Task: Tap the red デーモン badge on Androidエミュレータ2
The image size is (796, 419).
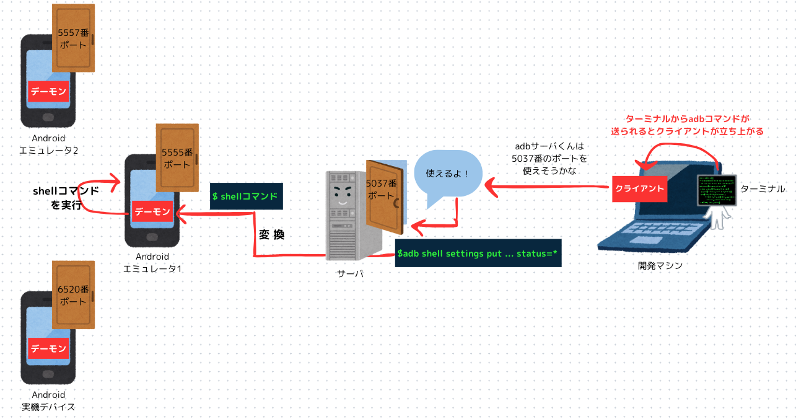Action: (x=48, y=91)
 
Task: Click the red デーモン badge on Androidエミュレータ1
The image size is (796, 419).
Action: (x=152, y=212)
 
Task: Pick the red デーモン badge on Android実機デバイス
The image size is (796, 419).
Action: (x=48, y=348)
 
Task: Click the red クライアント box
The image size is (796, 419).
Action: (x=639, y=188)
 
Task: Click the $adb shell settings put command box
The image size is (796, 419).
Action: (x=478, y=254)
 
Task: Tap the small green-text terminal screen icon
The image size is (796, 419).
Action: (x=717, y=190)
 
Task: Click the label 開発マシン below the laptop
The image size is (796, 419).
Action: (x=660, y=265)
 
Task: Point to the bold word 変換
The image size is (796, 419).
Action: (x=271, y=235)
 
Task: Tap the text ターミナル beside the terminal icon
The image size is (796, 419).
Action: (x=763, y=188)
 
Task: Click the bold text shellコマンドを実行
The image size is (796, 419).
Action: (x=66, y=198)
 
